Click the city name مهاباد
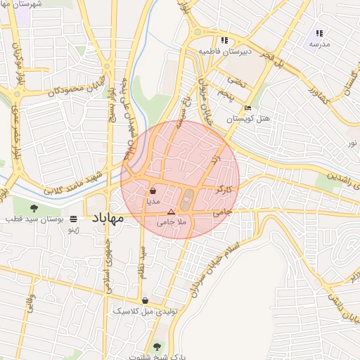click(x=107, y=219)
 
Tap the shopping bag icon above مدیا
click(x=153, y=191)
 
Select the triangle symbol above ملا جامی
click(x=171, y=212)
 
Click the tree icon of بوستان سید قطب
click(x=34, y=207)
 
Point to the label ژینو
click(x=73, y=229)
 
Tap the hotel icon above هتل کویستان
click(x=247, y=108)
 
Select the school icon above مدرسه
click(x=319, y=33)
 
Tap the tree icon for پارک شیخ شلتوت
click(x=157, y=347)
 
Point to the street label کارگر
click(x=224, y=190)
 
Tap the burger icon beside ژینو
click(x=74, y=219)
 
